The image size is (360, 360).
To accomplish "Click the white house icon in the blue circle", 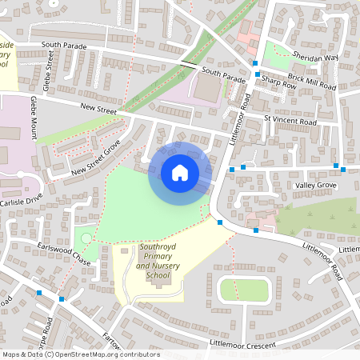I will click(180, 173).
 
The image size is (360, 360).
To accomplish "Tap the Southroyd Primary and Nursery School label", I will click(158, 262).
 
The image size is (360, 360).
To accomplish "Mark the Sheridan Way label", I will click(314, 58).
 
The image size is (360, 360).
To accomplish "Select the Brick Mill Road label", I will click(313, 78).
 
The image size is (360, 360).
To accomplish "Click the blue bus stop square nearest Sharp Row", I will click(257, 74).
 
